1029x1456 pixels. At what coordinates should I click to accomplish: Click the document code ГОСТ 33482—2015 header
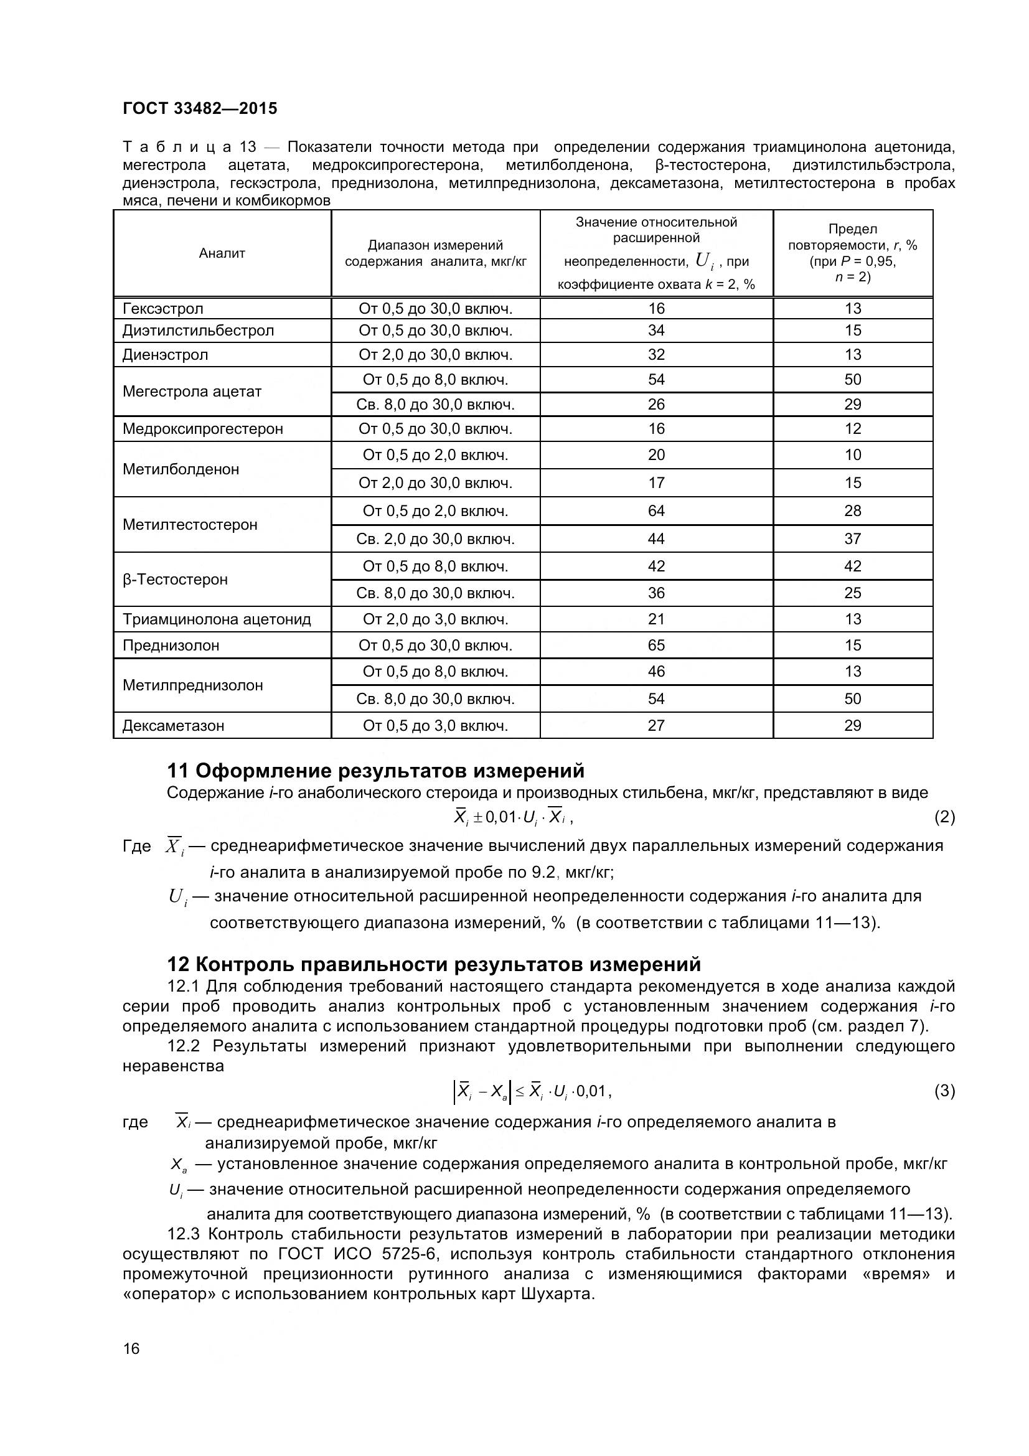[200, 108]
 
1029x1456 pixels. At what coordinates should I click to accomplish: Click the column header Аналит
[222, 253]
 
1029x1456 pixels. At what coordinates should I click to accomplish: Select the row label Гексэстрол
[163, 309]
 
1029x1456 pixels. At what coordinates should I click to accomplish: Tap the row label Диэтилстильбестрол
[198, 331]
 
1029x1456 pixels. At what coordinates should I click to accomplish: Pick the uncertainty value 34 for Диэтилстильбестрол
[656, 331]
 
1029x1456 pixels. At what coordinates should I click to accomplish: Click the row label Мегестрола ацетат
[192, 392]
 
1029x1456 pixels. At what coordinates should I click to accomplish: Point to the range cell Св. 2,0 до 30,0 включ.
[435, 539]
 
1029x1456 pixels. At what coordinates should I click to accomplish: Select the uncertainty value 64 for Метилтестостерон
[656, 511]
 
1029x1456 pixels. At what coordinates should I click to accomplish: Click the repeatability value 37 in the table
[853, 539]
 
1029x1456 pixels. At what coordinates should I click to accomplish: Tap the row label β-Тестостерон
[175, 580]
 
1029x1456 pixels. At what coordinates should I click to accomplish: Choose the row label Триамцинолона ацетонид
[216, 619]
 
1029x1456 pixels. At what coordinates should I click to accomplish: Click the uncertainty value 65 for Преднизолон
[656, 646]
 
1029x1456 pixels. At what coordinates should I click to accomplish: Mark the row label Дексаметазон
[173, 725]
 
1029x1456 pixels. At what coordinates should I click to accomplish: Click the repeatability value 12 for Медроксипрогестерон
[853, 429]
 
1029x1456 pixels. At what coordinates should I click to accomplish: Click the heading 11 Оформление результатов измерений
[375, 771]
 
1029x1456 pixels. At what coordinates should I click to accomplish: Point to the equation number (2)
[944, 817]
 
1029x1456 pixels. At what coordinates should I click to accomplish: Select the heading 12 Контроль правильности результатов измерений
[434, 964]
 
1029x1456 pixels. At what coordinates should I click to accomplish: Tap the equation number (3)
[944, 1091]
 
